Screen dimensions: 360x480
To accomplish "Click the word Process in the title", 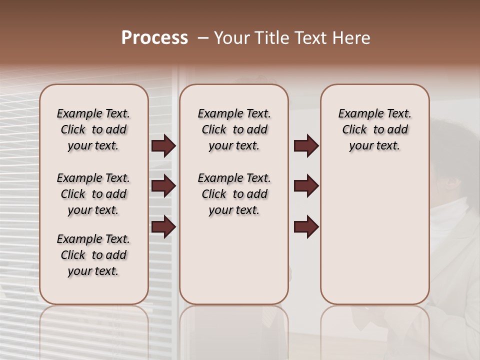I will (x=154, y=37).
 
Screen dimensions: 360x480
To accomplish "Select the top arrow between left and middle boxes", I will (x=163, y=146).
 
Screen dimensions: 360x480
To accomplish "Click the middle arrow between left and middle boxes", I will (x=163, y=186).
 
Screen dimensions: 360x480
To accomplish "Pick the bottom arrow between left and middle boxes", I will (x=163, y=227).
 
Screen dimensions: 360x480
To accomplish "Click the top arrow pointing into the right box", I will (x=306, y=146).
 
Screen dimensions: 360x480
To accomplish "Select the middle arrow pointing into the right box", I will (x=306, y=186).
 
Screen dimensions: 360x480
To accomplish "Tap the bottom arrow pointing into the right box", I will (x=306, y=227).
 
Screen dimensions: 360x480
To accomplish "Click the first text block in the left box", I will (x=93, y=129).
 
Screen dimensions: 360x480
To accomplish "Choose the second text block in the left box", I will (x=93, y=194).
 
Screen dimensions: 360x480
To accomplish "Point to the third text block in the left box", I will (x=93, y=255).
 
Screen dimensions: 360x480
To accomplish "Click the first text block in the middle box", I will (x=234, y=129).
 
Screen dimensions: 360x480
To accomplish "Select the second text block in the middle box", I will (x=234, y=194).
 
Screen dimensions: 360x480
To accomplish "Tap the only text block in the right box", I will (x=374, y=129).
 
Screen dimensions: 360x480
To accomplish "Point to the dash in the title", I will (x=202, y=38).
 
